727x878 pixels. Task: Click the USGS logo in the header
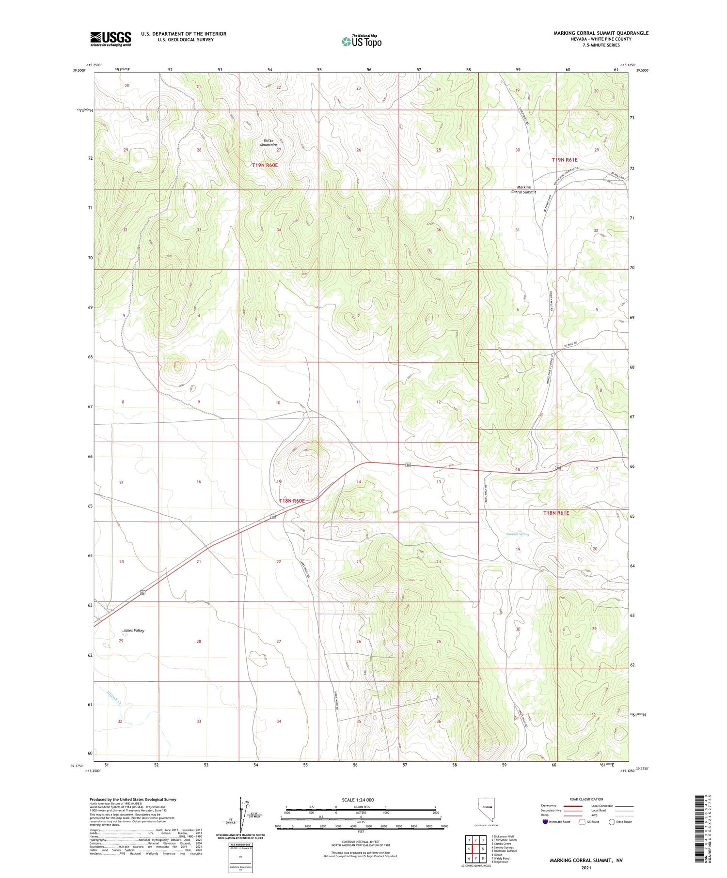point(111,39)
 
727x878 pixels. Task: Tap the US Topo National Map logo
point(361,42)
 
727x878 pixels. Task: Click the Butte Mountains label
point(269,142)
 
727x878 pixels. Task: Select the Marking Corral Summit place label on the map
point(523,189)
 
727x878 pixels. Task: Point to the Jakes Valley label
point(133,631)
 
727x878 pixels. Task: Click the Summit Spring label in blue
point(518,534)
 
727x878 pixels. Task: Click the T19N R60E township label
point(265,165)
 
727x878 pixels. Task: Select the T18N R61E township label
point(556,512)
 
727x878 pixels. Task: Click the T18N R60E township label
point(292,501)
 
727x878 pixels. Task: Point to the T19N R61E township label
point(565,159)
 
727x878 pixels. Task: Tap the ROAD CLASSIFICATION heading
point(586,799)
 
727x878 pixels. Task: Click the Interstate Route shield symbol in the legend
point(546,822)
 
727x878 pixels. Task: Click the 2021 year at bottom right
point(586,867)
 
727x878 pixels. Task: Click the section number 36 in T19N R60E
point(439,230)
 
